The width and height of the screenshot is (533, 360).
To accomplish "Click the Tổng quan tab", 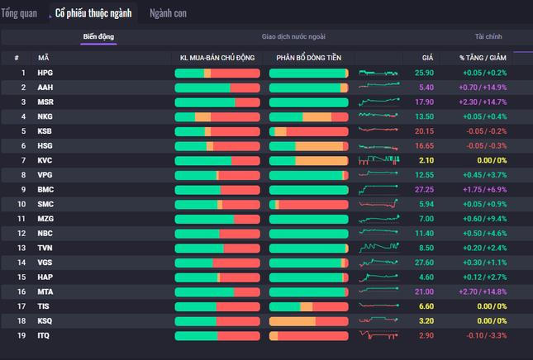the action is click(x=19, y=13).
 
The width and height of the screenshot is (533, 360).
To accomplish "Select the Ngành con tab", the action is click(x=168, y=13).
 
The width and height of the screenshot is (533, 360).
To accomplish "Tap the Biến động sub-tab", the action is click(x=98, y=36).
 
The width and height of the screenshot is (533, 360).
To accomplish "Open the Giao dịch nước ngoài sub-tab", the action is click(x=293, y=36).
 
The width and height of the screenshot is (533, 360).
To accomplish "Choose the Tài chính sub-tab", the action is click(x=488, y=36).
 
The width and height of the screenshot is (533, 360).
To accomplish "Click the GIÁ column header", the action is click(x=427, y=58).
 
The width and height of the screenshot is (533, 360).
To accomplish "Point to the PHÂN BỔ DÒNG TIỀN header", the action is click(x=309, y=58).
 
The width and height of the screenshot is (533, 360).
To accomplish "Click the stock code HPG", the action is click(x=45, y=73).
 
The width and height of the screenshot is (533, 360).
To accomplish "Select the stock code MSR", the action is click(x=45, y=102).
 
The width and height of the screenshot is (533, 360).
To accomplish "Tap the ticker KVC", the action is click(x=45, y=160).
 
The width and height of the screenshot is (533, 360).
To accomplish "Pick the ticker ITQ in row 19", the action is click(x=44, y=335).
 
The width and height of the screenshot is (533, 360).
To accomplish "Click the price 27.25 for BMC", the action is click(x=424, y=190).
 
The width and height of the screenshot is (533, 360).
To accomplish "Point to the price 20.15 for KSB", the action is click(x=424, y=131).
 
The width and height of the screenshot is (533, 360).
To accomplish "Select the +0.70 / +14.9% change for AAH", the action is click(x=483, y=88).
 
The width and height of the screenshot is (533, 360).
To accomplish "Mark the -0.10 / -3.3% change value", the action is click(x=487, y=335).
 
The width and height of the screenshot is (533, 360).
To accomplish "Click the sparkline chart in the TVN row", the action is click(x=378, y=248).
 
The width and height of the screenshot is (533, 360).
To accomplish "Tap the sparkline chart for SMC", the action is click(x=378, y=204).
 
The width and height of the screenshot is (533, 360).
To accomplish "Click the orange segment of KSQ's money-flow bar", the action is click(x=293, y=321).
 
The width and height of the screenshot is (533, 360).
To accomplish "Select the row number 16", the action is click(x=21, y=291).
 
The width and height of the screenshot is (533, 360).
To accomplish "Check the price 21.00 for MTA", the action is click(x=424, y=291).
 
